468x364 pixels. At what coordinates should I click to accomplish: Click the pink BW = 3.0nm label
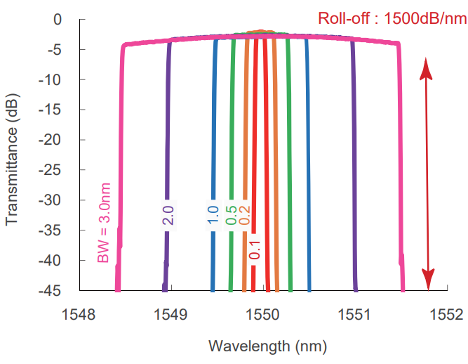click(105, 223)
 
